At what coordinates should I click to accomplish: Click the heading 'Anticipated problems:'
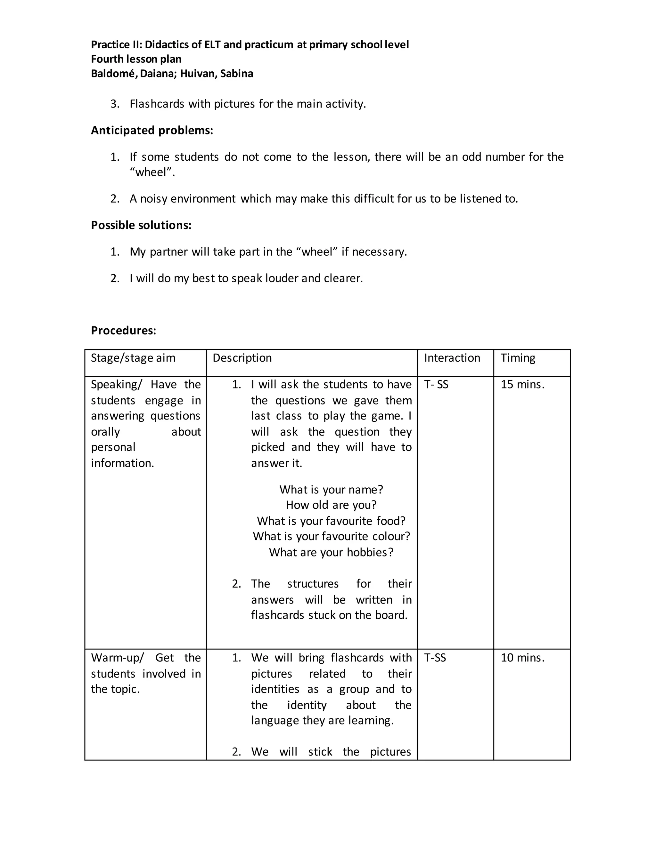(152, 131)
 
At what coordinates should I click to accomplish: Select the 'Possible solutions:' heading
(141, 225)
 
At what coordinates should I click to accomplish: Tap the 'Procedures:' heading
(123, 331)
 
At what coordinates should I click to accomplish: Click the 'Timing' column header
(518, 358)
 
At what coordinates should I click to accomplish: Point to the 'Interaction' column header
(452, 358)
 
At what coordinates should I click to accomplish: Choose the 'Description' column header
(242, 358)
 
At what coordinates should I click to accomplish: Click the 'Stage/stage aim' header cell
(133, 358)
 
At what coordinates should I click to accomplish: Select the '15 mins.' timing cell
(522, 384)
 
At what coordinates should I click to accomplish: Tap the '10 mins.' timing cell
(522, 658)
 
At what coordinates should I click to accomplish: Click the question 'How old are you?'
(331, 505)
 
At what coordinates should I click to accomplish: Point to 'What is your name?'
(331, 489)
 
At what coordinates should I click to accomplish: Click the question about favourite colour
(331, 536)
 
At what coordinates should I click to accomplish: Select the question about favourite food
(331, 521)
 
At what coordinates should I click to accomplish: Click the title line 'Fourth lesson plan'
(136, 59)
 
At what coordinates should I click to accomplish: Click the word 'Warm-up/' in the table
(117, 658)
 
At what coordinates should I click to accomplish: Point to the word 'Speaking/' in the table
(116, 384)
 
